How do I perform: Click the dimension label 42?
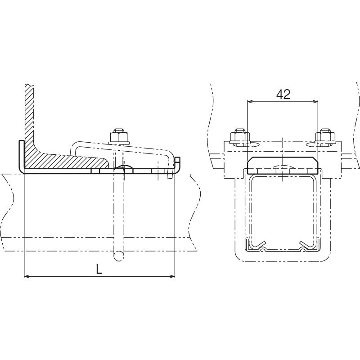[283, 94]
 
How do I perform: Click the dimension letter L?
[99, 269]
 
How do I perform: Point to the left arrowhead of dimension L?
[27, 276]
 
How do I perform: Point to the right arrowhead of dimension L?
[172, 276]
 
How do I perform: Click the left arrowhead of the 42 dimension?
[250, 102]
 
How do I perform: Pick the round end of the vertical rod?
[119, 256]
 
